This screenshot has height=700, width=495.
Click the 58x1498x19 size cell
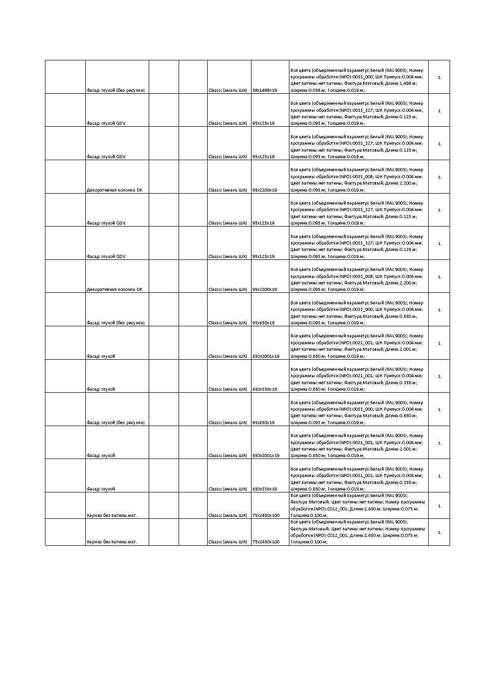[x=264, y=90]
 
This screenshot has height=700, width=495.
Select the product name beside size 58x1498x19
[x=115, y=90]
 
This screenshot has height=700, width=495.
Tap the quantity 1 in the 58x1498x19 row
[x=439, y=77]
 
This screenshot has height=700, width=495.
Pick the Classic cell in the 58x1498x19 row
[x=228, y=90]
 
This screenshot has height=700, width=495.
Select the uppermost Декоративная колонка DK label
[x=114, y=190]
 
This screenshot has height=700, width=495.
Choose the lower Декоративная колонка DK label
[x=114, y=289]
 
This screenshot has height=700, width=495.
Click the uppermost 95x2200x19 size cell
[x=264, y=190]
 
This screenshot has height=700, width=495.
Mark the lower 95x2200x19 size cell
[x=264, y=289]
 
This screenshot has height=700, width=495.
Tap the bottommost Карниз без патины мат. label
[x=111, y=542]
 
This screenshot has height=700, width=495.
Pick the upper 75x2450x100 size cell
[x=266, y=515]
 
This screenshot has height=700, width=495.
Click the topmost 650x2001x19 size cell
[x=266, y=356]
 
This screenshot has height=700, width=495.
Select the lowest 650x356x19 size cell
[x=264, y=489]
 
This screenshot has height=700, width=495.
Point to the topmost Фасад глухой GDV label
[x=106, y=123]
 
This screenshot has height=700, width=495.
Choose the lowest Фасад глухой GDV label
[x=106, y=256]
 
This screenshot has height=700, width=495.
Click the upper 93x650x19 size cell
[x=263, y=323]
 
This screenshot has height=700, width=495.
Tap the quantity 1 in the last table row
[x=439, y=532]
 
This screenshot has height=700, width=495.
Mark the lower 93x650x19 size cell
[x=263, y=423]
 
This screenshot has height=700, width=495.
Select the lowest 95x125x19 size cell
[x=263, y=256]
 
